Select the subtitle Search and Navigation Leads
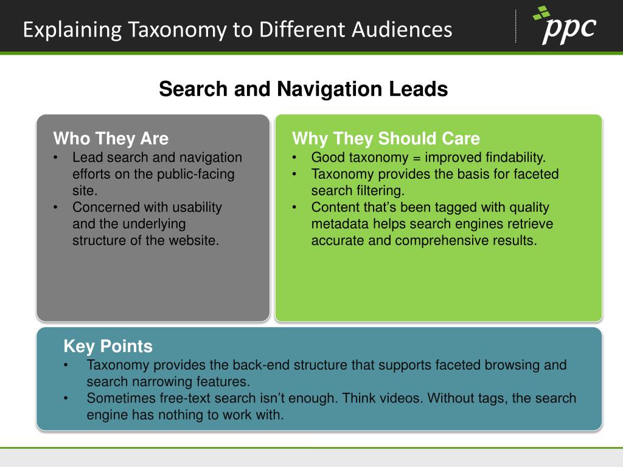click(x=303, y=90)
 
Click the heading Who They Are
click(x=111, y=139)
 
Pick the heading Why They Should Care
click(x=386, y=139)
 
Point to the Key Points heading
click(x=108, y=347)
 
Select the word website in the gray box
click(x=193, y=240)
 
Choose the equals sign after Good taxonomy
click(x=417, y=158)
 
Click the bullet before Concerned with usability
click(x=56, y=207)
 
